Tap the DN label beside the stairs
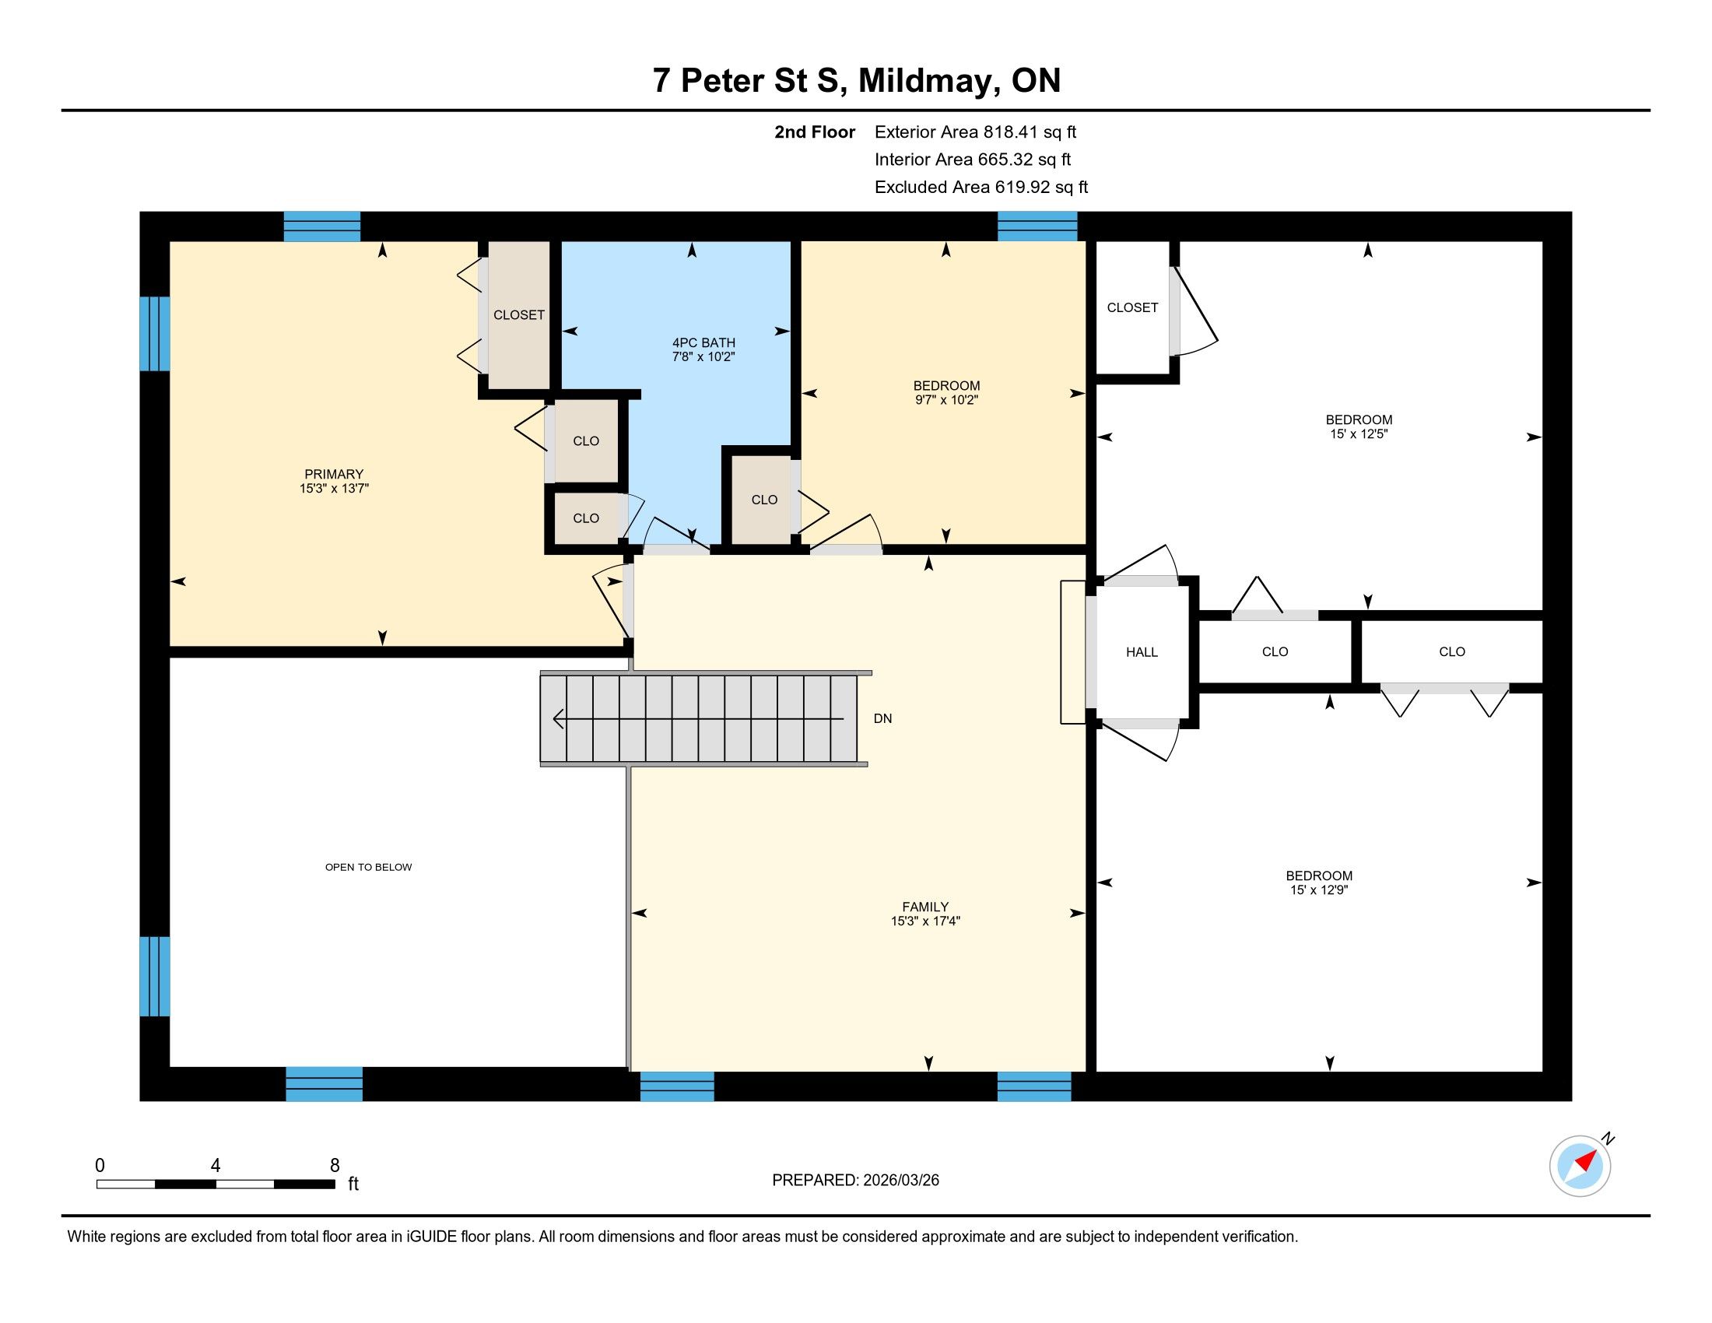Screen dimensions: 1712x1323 882,719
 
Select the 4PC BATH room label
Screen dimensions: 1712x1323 704,342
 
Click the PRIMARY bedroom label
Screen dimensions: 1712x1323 334,474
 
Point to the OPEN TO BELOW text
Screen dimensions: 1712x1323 368,867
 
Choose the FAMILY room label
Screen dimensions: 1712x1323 925,907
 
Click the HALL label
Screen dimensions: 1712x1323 1142,652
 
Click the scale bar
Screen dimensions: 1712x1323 216,1184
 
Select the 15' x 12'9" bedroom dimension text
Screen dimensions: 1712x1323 1318,890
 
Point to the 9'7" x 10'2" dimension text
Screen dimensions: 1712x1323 946,400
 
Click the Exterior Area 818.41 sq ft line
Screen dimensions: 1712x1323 975,132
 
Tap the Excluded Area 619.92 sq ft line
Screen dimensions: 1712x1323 981,188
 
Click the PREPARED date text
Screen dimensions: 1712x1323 855,1181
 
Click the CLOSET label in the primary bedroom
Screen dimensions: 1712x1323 518,315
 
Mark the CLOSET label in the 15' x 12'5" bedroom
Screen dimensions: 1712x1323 1132,308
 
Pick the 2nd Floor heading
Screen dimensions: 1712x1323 815,132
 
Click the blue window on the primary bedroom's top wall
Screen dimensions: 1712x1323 321,226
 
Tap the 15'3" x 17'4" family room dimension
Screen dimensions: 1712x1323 925,921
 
